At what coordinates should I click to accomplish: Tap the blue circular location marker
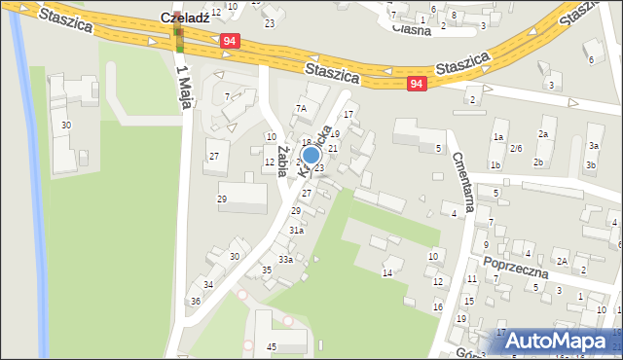click(311, 155)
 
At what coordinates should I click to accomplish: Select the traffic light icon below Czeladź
click(178, 38)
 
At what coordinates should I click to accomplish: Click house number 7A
click(301, 109)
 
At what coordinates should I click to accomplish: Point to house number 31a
click(296, 231)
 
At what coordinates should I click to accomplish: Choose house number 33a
click(285, 260)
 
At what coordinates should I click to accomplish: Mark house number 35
click(266, 270)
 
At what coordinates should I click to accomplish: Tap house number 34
click(208, 285)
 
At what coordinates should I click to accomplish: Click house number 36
click(196, 302)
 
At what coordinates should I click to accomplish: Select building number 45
click(272, 347)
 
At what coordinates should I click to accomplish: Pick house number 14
click(386, 273)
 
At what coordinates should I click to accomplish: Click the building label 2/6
click(516, 149)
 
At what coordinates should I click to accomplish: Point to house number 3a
click(593, 146)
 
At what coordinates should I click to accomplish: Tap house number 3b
click(590, 165)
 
